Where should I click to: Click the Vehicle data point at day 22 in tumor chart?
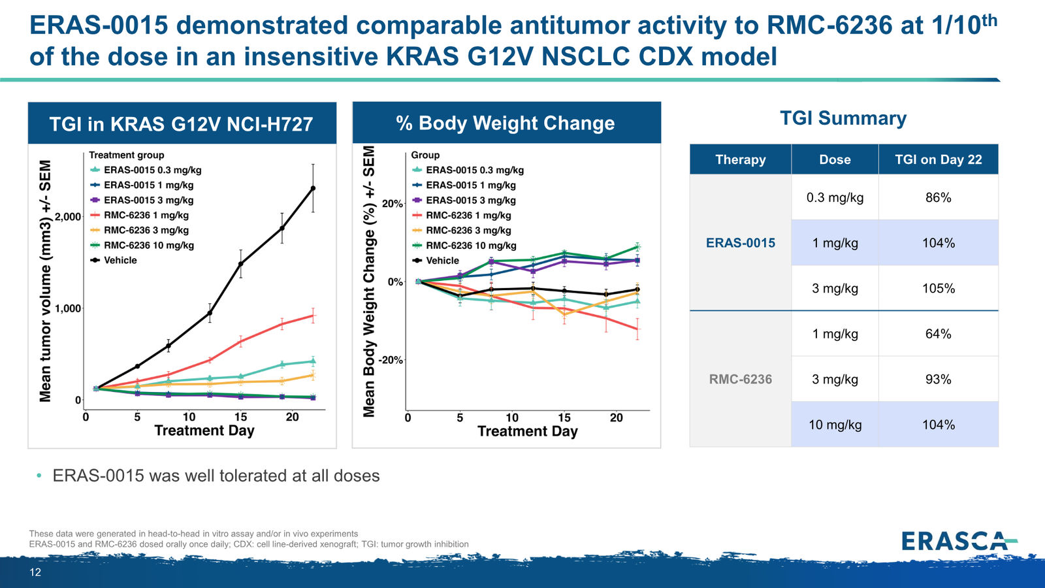point(313,188)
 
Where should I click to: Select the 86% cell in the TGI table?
point(938,197)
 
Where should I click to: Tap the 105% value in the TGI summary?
point(938,288)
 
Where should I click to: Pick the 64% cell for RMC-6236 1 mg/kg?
point(938,334)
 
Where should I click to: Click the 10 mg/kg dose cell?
point(835,425)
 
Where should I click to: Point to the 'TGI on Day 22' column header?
point(938,159)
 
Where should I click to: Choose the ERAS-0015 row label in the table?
point(741,242)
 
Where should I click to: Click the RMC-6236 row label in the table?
point(741,379)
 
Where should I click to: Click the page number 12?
point(35,572)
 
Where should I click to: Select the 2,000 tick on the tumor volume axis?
point(68,216)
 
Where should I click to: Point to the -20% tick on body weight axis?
point(391,360)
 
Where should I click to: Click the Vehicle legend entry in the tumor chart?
point(114,261)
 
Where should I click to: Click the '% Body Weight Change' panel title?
point(506,123)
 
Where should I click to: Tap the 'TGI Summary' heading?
point(843,118)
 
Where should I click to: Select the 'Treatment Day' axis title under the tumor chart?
point(204,431)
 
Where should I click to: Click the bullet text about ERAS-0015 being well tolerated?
point(216,476)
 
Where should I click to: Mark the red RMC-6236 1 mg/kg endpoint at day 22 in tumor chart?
point(313,316)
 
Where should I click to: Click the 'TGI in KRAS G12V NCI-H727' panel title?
point(181,124)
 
